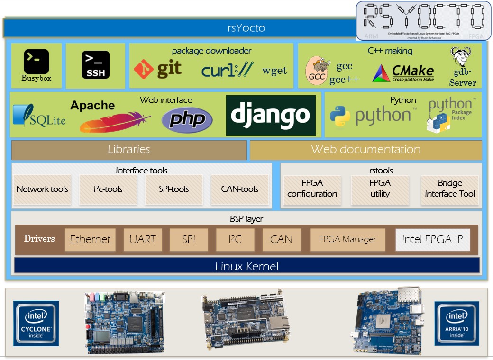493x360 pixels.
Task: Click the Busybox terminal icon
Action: [x=36, y=62]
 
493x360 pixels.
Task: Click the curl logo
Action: [x=228, y=70]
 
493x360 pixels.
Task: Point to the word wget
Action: [x=274, y=71]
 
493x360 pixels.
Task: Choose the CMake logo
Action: [x=403, y=73]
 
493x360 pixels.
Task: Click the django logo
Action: [x=271, y=116]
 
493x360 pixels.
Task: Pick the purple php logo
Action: [x=187, y=119]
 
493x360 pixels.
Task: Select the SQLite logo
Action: [x=39, y=116]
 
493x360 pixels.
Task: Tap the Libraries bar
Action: [x=129, y=150]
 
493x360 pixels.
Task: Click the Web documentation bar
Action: [x=365, y=150]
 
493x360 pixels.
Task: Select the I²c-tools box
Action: [x=108, y=189]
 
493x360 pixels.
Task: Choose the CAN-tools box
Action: [x=239, y=189]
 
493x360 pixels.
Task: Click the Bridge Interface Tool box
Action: [x=449, y=189]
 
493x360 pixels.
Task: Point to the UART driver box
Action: [x=143, y=240]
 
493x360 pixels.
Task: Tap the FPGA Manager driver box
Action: [x=347, y=240]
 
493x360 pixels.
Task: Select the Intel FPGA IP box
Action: [x=432, y=240]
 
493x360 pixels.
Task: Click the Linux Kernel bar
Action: [x=246, y=266]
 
